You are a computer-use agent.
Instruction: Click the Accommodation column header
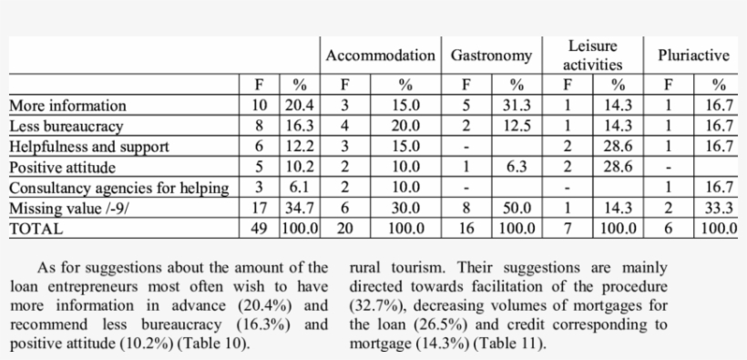[x=381, y=56]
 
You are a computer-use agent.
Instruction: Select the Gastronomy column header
[x=491, y=56]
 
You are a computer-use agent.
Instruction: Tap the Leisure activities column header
[x=592, y=56]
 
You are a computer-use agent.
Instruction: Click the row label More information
[x=67, y=106]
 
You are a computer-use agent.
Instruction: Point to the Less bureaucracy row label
[x=66, y=126]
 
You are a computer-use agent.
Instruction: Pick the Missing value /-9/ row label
[x=68, y=209]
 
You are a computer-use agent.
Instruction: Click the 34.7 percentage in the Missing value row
[x=300, y=209]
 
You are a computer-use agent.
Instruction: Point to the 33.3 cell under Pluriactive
[x=719, y=209]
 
